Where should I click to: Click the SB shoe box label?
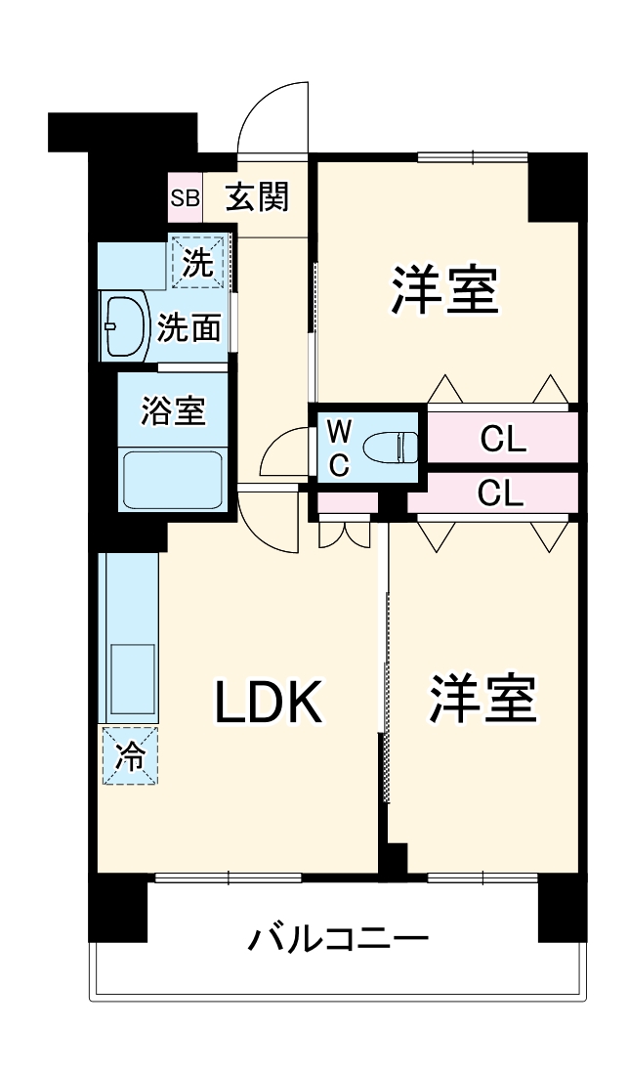[186, 197]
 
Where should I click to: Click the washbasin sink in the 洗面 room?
[123, 326]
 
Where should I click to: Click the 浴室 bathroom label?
[173, 411]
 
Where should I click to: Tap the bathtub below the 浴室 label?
[173, 478]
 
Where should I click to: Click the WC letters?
[338, 448]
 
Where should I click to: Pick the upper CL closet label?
[503, 440]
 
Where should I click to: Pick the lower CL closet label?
[500, 493]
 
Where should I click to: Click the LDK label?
[267, 701]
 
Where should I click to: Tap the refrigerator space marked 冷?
[128, 755]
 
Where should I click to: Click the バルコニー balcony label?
[337, 941]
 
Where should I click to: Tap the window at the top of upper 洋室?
[473, 155]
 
